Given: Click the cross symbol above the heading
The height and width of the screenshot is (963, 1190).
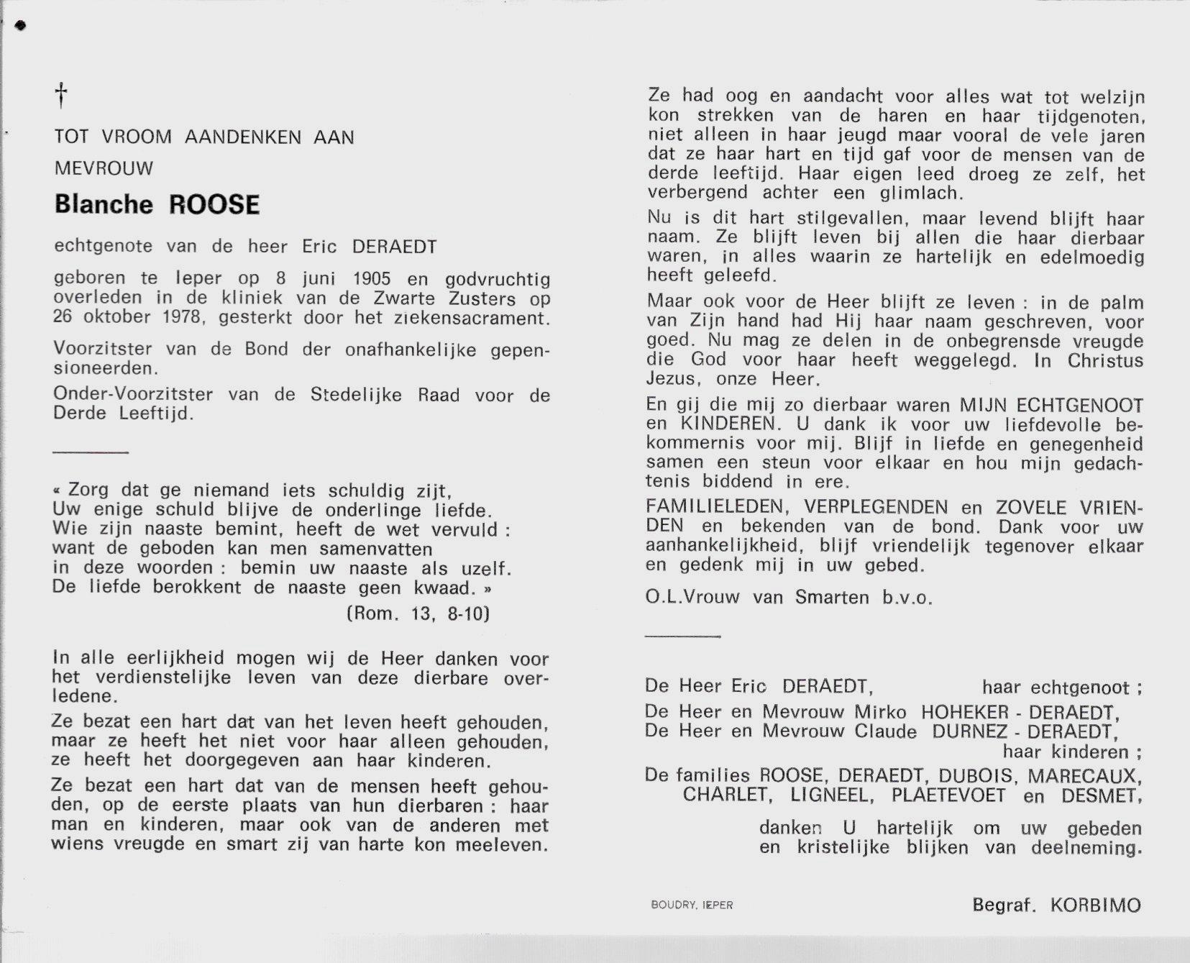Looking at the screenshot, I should [x=62, y=94].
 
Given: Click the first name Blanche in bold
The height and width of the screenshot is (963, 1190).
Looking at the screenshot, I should [x=104, y=204].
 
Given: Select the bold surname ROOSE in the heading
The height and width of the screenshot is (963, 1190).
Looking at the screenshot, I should [x=214, y=204].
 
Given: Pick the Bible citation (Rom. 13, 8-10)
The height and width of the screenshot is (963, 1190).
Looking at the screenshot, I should [x=418, y=613].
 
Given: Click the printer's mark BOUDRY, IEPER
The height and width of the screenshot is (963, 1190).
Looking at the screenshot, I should [x=691, y=905].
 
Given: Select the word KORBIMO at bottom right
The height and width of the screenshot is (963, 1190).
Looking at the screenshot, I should [x=1095, y=905].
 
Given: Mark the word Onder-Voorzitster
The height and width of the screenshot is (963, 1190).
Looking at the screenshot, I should [x=132, y=395].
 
